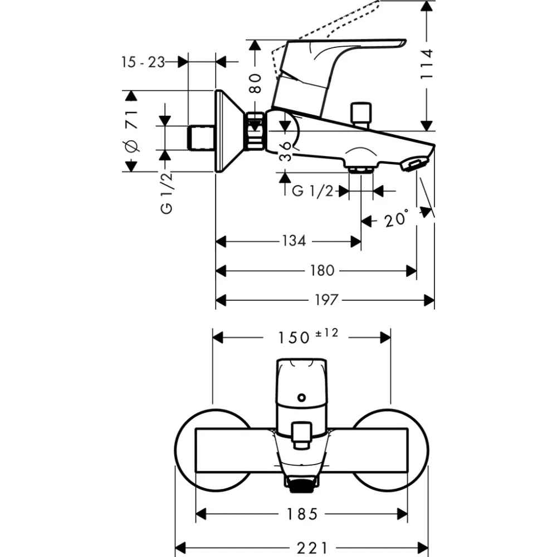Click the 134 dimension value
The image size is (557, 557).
point(294,241)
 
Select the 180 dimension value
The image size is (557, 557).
point(322,271)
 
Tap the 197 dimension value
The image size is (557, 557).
point(326,300)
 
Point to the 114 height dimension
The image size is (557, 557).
point(426,65)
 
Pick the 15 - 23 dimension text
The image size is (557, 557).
point(143,62)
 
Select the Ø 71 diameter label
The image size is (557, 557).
point(131,131)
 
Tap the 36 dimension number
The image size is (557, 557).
point(285,150)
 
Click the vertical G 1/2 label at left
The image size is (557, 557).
point(166,192)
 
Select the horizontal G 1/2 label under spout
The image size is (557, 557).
point(312,191)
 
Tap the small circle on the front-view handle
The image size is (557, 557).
point(301,398)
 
